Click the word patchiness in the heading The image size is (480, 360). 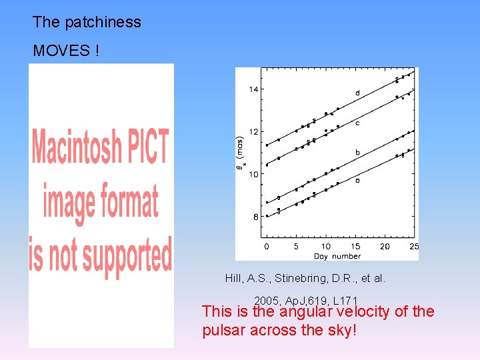(x=103, y=22)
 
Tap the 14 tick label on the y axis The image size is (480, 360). (x=253, y=89)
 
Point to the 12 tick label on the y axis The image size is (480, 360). (x=253, y=132)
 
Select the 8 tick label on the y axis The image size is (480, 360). (x=255, y=217)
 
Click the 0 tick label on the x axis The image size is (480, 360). (x=267, y=247)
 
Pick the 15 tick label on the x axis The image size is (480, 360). (x=355, y=247)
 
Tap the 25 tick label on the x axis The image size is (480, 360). (x=413, y=247)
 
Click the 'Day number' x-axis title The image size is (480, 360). (x=337, y=256)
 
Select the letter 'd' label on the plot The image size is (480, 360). (x=357, y=93)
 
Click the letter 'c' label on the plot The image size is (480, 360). (x=357, y=123)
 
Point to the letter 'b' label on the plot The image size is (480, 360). (x=357, y=153)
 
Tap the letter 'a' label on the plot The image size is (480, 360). (x=357, y=180)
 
